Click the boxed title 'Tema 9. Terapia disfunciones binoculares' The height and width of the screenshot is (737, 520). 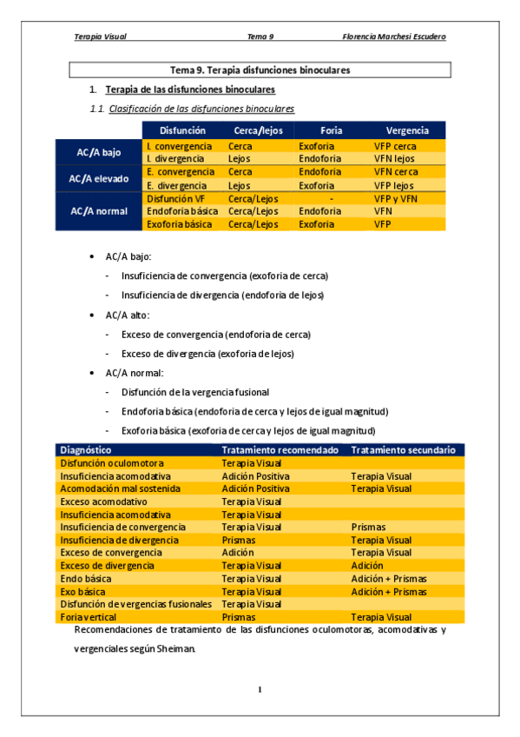coord(260,70)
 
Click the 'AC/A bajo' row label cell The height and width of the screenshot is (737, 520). coord(99,152)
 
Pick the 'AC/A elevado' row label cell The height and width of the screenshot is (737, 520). coord(99,178)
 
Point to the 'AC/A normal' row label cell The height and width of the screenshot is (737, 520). coord(99,211)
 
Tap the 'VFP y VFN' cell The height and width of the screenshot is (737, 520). coord(396,198)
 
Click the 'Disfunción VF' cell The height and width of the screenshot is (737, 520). coord(176,198)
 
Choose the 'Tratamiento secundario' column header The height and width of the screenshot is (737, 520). coord(403,450)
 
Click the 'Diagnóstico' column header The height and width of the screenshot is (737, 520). coord(86,450)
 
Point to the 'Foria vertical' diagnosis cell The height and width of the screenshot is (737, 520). coord(88,617)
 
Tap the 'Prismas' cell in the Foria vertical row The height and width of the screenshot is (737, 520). coord(239,617)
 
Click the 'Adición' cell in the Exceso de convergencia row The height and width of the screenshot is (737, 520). coord(238,553)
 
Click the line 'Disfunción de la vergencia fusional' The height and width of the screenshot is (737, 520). coord(195,392)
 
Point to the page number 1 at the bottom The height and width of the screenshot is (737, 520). coord(260,690)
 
